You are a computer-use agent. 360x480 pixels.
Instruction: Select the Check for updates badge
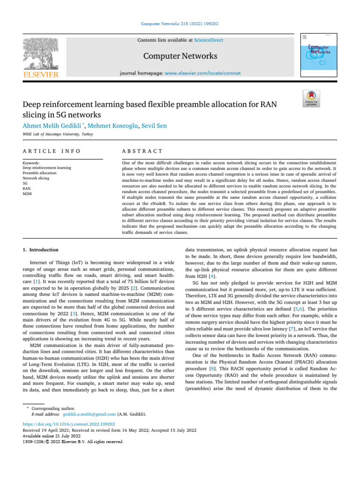click(312, 98)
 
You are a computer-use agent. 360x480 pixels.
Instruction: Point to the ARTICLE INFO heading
click(52, 151)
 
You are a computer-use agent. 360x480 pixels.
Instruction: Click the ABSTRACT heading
click(142, 151)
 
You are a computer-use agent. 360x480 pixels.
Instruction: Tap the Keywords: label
click(31, 164)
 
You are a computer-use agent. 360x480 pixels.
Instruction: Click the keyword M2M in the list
click(27, 193)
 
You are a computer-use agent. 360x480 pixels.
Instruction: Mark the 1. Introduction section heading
click(41, 250)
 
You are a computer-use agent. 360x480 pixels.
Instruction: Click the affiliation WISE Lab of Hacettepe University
click(58, 135)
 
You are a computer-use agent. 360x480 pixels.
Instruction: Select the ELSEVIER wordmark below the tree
click(41, 75)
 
